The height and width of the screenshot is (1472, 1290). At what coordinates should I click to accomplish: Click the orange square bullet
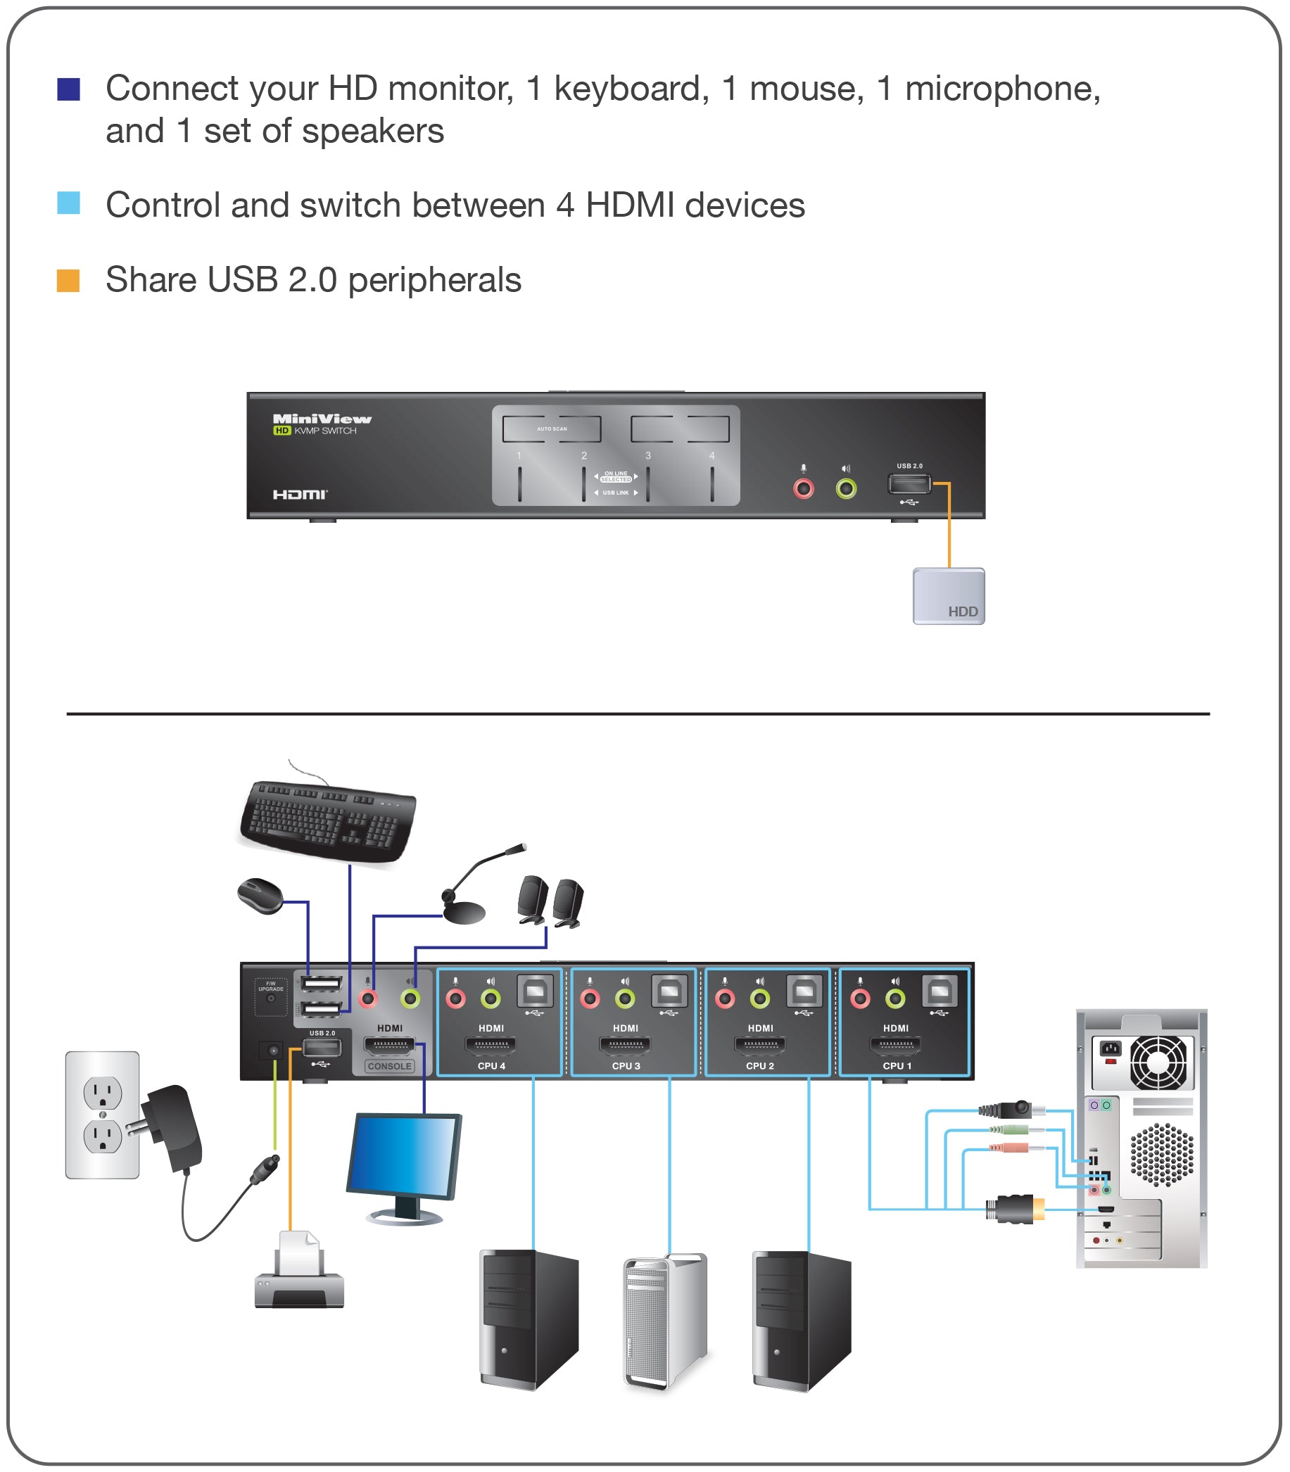[x=68, y=281]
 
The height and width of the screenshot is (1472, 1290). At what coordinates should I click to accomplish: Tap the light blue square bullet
[x=68, y=203]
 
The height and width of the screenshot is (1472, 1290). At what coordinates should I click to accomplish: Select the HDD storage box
[x=948, y=596]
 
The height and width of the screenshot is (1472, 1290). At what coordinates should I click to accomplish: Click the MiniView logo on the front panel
[x=322, y=419]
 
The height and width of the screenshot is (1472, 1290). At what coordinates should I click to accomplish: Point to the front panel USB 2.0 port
[x=909, y=483]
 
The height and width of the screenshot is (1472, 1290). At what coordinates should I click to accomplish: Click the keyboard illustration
[x=328, y=820]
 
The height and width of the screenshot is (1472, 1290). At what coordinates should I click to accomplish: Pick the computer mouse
[x=260, y=896]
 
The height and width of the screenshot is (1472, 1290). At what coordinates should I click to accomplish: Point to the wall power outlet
[x=102, y=1115]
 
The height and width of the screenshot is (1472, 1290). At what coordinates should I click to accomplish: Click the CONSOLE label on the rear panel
[x=389, y=1066]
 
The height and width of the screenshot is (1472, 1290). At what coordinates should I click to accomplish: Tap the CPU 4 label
[x=492, y=1066]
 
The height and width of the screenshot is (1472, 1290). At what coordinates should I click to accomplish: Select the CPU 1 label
[x=897, y=1066]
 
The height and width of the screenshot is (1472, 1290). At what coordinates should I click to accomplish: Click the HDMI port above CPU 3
[x=625, y=1044]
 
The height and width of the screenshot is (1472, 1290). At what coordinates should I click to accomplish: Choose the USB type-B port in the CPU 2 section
[x=804, y=991]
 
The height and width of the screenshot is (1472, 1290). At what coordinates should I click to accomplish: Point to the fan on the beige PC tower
[x=1158, y=1062]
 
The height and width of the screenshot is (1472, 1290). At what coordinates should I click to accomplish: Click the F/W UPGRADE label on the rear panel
[x=271, y=986]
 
